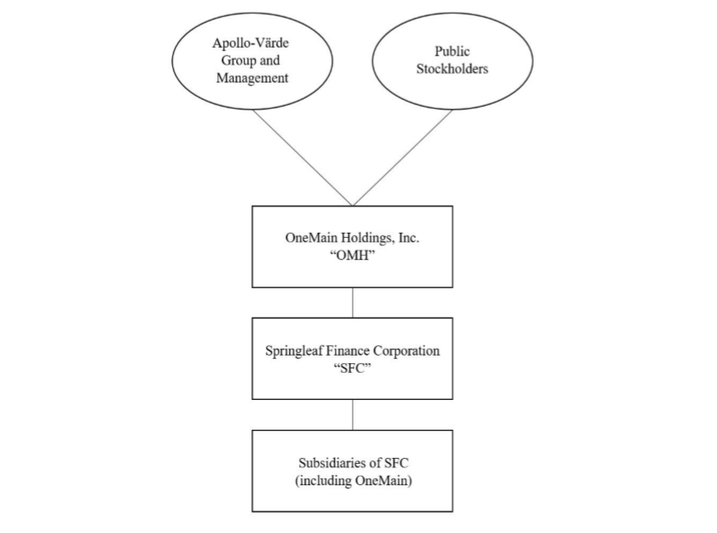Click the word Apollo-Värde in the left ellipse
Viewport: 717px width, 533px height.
click(x=245, y=43)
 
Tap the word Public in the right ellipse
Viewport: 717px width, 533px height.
click(x=452, y=52)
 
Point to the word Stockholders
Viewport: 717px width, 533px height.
click(x=452, y=69)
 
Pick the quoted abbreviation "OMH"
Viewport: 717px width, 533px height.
click(x=352, y=255)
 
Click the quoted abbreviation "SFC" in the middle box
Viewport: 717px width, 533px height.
click(x=352, y=368)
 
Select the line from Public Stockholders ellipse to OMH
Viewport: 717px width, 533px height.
click(x=402, y=157)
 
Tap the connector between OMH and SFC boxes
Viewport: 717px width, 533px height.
click(x=352, y=303)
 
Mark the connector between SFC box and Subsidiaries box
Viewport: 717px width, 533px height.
click(x=352, y=414)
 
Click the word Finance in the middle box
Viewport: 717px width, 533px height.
click(x=351, y=351)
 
